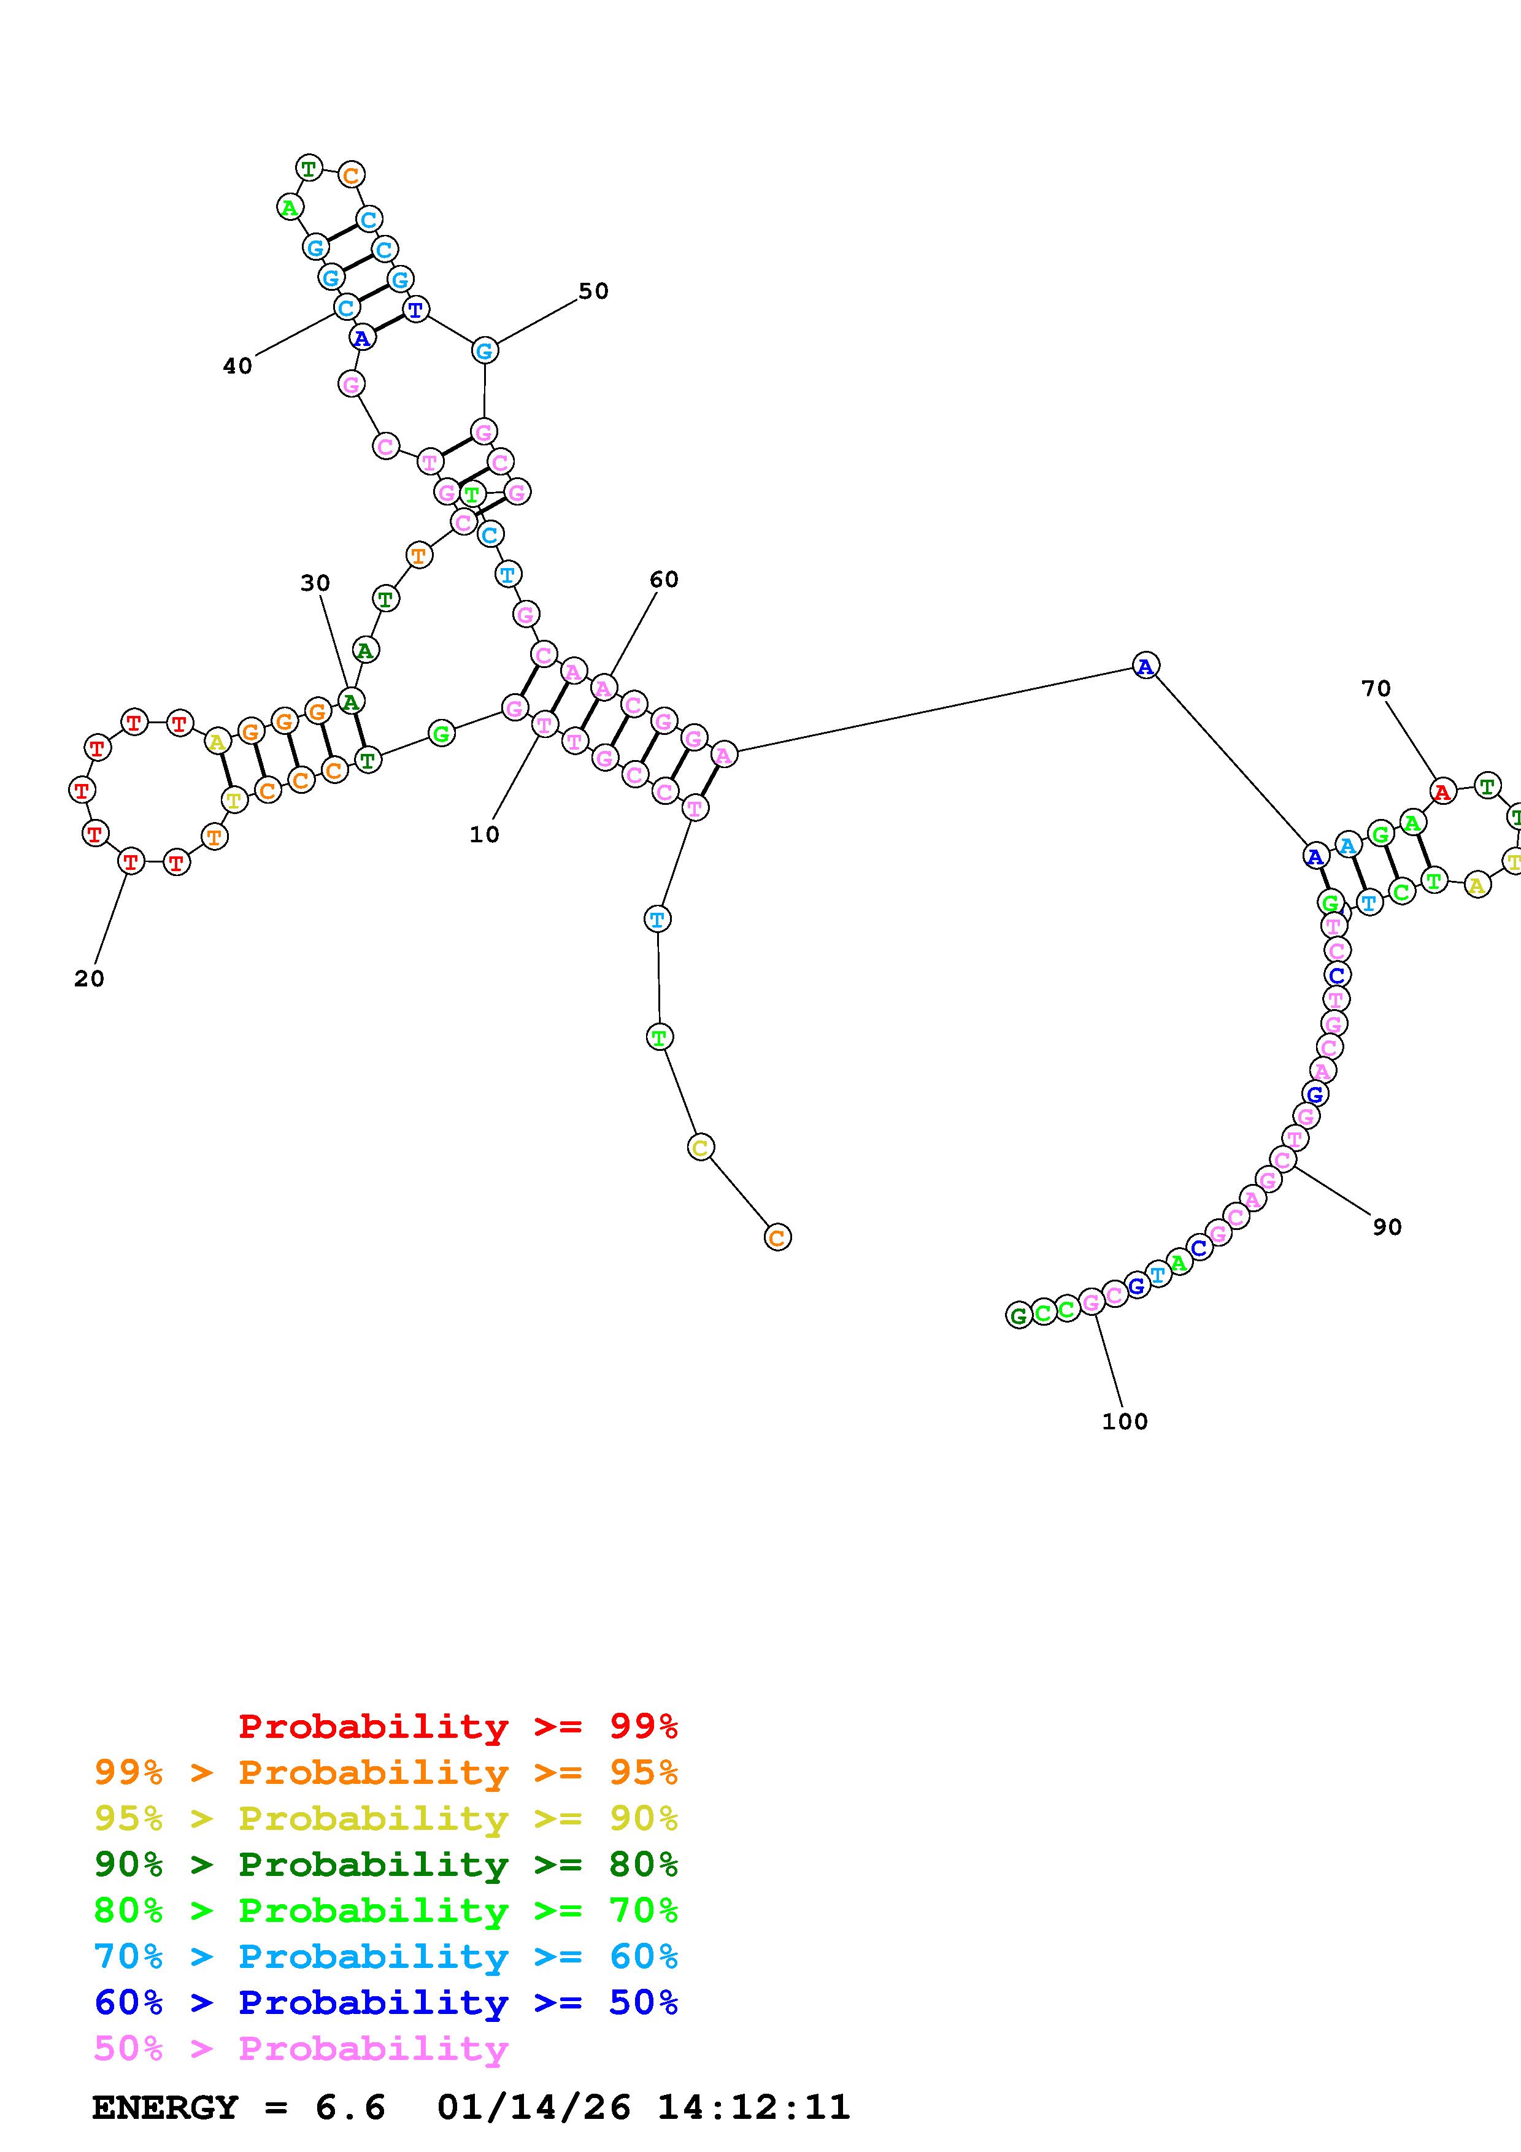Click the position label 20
89,978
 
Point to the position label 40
237,366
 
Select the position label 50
593,291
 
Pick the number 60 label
663,579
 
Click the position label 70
1376,689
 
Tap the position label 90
1387,1227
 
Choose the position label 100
1125,1421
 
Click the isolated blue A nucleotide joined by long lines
1146,666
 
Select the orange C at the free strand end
777,1237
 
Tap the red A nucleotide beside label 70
1442,792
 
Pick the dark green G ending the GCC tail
1018,1315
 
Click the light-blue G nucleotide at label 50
483,350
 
